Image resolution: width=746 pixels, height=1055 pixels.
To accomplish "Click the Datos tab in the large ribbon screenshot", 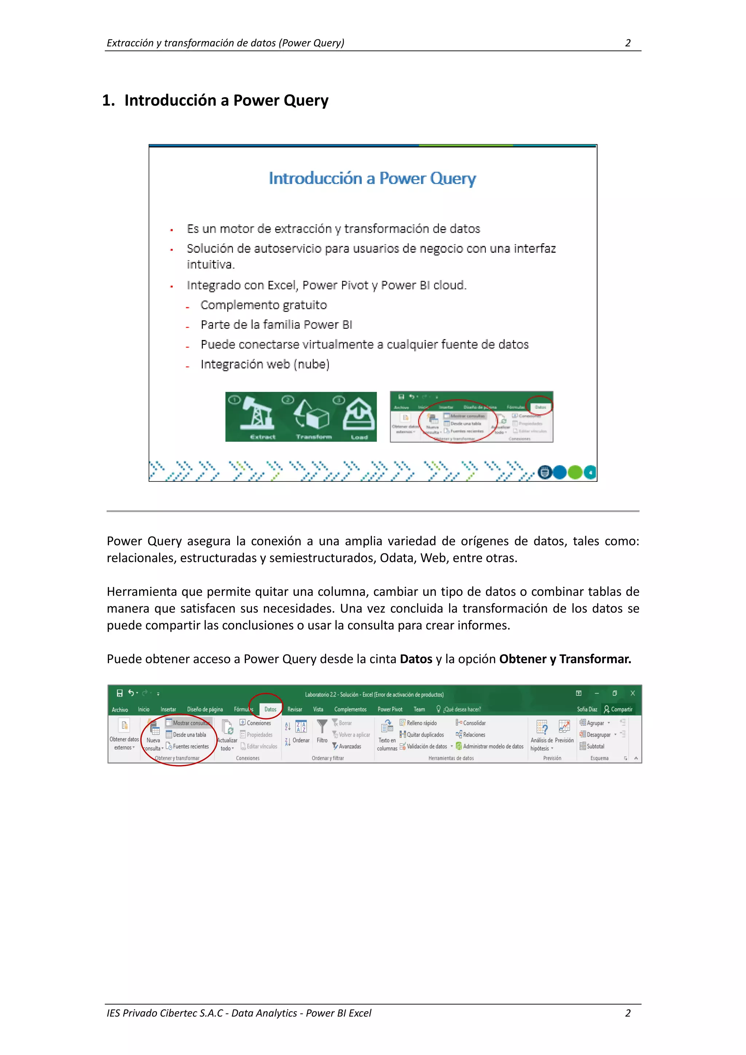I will tap(270, 709).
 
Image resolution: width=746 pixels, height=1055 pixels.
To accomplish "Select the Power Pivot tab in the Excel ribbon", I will tap(390, 709).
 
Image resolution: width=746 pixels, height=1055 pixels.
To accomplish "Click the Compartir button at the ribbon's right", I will tap(619, 709).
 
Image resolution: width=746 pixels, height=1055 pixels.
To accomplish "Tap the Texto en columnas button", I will tap(387, 735).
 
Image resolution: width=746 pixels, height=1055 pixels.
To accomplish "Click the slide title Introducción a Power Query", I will tap(372, 178).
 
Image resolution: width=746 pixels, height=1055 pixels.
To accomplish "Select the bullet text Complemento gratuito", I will tap(263, 305).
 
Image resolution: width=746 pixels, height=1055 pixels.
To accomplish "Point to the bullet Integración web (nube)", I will tap(265, 365).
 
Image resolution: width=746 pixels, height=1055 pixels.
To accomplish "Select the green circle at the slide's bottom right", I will tap(574, 472).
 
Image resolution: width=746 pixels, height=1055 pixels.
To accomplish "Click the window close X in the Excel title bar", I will tap(632, 693).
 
